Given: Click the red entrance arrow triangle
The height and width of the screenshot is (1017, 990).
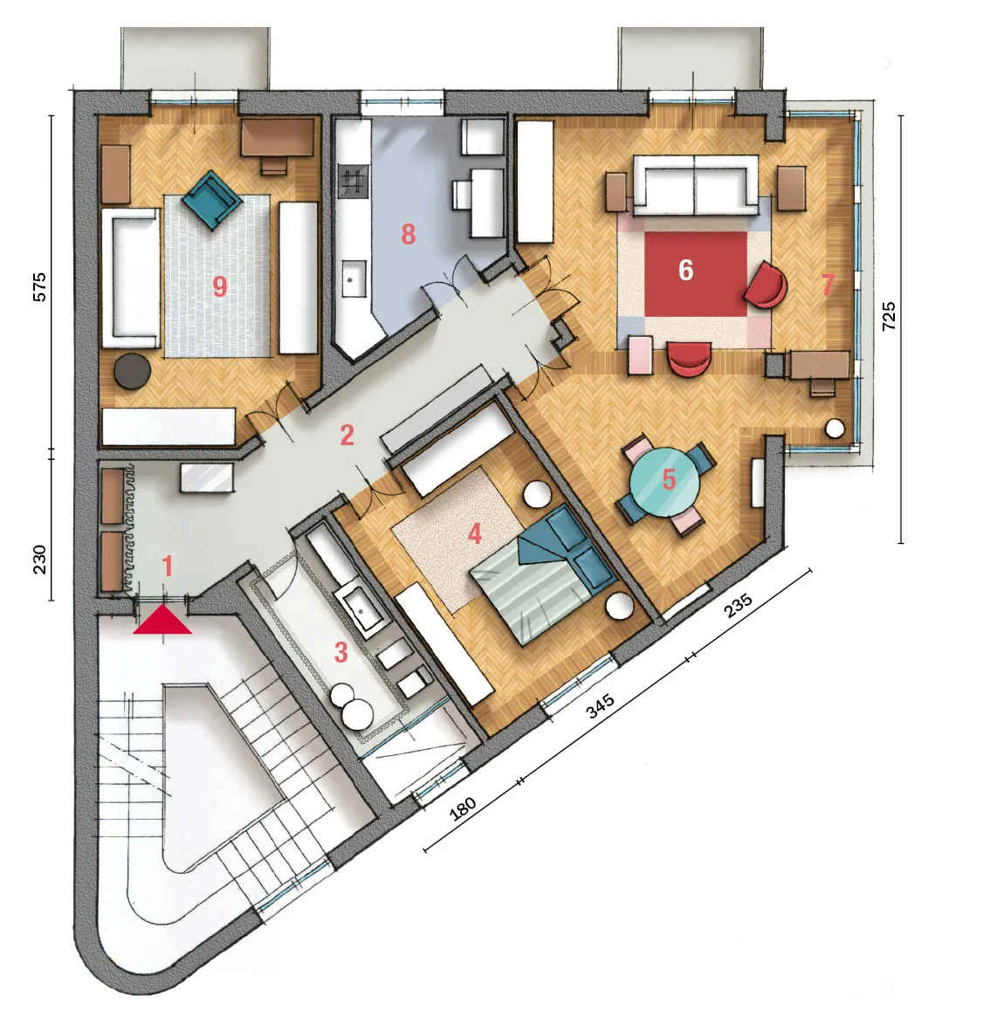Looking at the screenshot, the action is point(162,620).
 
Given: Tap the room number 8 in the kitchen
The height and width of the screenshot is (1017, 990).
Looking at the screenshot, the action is point(408,234).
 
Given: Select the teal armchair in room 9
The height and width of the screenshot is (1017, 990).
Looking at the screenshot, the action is point(212,200).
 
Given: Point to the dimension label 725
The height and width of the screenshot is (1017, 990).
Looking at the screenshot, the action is point(890,316).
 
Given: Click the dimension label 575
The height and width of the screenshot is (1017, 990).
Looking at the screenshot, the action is point(39,286).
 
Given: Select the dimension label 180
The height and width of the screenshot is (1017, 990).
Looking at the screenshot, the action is point(463,809).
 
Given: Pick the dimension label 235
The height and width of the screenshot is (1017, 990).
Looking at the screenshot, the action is point(738,605).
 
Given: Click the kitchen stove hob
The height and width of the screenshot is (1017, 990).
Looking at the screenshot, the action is point(353,182).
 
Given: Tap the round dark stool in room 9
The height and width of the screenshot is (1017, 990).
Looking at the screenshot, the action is point(133,371).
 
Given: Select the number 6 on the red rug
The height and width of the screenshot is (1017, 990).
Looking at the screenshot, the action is point(685,270).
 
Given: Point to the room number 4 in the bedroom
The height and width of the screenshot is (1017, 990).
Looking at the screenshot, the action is point(475,534).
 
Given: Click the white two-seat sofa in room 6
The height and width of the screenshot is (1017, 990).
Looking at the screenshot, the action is point(696,185).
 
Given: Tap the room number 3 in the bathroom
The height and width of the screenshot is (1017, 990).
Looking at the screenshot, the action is point(341,652).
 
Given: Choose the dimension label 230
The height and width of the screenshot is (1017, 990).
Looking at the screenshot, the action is point(39,560).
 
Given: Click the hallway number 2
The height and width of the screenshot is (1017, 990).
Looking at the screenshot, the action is point(347,436).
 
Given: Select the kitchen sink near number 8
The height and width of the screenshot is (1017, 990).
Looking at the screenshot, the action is point(354,278).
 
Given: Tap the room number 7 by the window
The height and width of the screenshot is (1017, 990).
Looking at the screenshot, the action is point(827,284).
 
